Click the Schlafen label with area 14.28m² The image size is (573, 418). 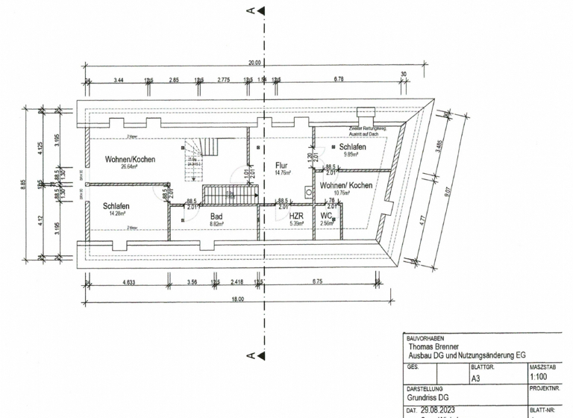[117, 206]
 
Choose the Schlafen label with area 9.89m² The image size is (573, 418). [352, 148]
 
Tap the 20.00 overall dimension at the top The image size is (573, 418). [254, 63]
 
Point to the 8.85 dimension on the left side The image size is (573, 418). [24, 184]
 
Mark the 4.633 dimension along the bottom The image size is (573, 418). [128, 282]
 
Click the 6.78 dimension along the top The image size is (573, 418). [339, 78]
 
